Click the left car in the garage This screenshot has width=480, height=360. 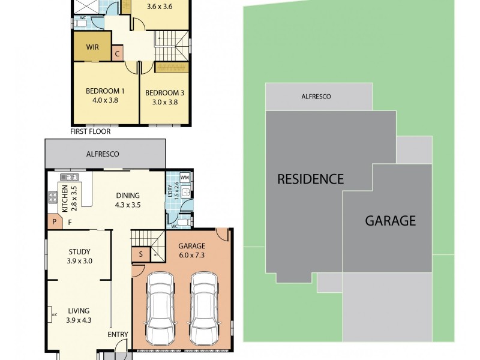coord(160,308)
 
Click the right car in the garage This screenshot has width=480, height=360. coord(203,308)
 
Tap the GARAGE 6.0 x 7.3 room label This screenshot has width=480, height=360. coord(192,251)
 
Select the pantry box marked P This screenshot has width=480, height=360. coord(54,222)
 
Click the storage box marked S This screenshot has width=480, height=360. coord(140,254)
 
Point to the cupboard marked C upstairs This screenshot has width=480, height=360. coord(118,53)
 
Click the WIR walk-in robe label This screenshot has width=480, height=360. coord(92,47)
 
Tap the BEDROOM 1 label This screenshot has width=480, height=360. coord(104,95)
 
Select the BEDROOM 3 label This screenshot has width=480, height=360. coord(164,97)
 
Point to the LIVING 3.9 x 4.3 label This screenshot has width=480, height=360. coord(79,315)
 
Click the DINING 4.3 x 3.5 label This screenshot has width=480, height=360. coord(127,200)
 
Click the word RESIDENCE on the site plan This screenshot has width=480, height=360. coord(310,179)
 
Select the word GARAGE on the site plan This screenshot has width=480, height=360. coord(391,221)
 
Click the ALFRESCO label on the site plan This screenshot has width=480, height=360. coord(316,97)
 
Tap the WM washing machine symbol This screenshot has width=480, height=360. coord(185,178)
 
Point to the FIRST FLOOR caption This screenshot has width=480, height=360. coord(91,131)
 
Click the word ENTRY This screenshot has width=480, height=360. coord(117,334)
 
